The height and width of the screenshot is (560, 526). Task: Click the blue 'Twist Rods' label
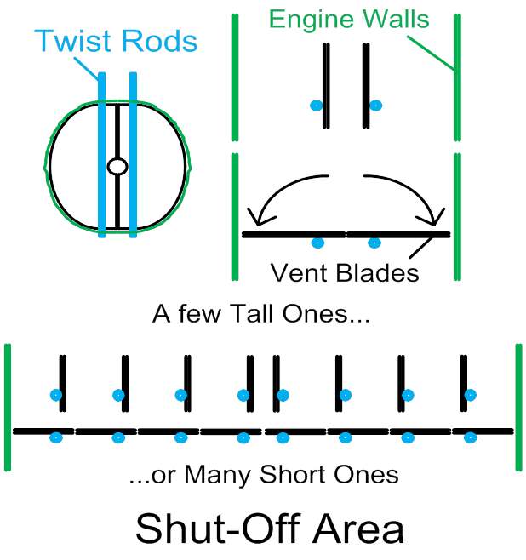[117, 41]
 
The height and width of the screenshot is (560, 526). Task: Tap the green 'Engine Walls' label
[349, 19]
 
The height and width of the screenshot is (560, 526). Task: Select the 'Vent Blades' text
[345, 272]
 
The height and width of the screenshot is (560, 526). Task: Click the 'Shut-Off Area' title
[270, 529]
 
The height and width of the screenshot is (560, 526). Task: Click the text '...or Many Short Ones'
[264, 474]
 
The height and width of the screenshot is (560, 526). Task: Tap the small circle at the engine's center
[117, 167]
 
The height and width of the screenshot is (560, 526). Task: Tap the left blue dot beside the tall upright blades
[316, 106]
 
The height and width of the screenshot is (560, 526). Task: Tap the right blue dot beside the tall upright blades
[375, 106]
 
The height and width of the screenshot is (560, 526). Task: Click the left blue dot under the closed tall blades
[317, 243]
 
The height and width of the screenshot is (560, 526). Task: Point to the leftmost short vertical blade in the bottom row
[62, 383]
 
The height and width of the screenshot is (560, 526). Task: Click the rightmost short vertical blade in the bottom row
[464, 383]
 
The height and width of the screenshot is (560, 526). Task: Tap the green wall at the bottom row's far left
[9, 407]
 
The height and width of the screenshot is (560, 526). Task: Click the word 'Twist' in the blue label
[72, 41]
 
